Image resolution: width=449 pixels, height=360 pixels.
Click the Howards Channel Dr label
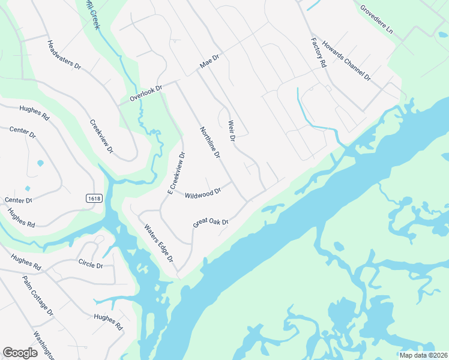[x=346, y=62]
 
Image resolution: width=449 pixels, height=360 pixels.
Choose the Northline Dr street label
[x=210, y=143]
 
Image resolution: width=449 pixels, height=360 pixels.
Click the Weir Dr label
[x=231, y=131]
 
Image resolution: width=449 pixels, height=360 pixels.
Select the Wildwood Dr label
[x=203, y=193]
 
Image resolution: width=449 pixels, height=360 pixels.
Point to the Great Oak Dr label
[x=211, y=223]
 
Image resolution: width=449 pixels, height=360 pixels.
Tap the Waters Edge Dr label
[x=158, y=243]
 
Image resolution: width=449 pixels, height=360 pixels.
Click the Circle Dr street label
[x=91, y=263]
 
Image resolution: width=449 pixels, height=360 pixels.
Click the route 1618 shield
[x=94, y=198]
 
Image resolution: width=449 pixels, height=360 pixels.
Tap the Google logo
[x=20, y=352]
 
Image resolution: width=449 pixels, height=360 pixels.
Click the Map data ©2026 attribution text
[x=423, y=355]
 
